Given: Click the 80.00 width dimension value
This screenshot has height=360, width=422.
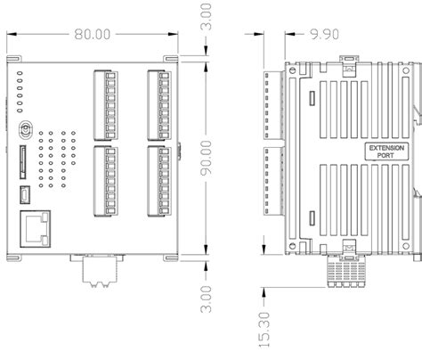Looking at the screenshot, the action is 93,34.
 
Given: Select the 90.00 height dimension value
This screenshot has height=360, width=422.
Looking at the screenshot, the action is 207,158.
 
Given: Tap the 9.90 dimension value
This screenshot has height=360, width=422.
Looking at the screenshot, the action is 324,34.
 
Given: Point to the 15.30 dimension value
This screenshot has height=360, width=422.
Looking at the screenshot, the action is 264,330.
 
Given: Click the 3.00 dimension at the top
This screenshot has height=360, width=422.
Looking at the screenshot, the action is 207,17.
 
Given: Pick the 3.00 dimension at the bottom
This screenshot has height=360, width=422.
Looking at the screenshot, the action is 207,299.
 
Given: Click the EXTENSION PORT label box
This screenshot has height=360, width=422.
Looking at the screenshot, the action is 386,151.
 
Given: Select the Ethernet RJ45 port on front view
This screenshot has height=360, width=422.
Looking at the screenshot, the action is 36,229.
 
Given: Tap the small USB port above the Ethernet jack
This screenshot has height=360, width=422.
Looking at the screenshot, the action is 25,195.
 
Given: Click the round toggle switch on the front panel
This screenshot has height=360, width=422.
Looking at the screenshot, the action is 26,129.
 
